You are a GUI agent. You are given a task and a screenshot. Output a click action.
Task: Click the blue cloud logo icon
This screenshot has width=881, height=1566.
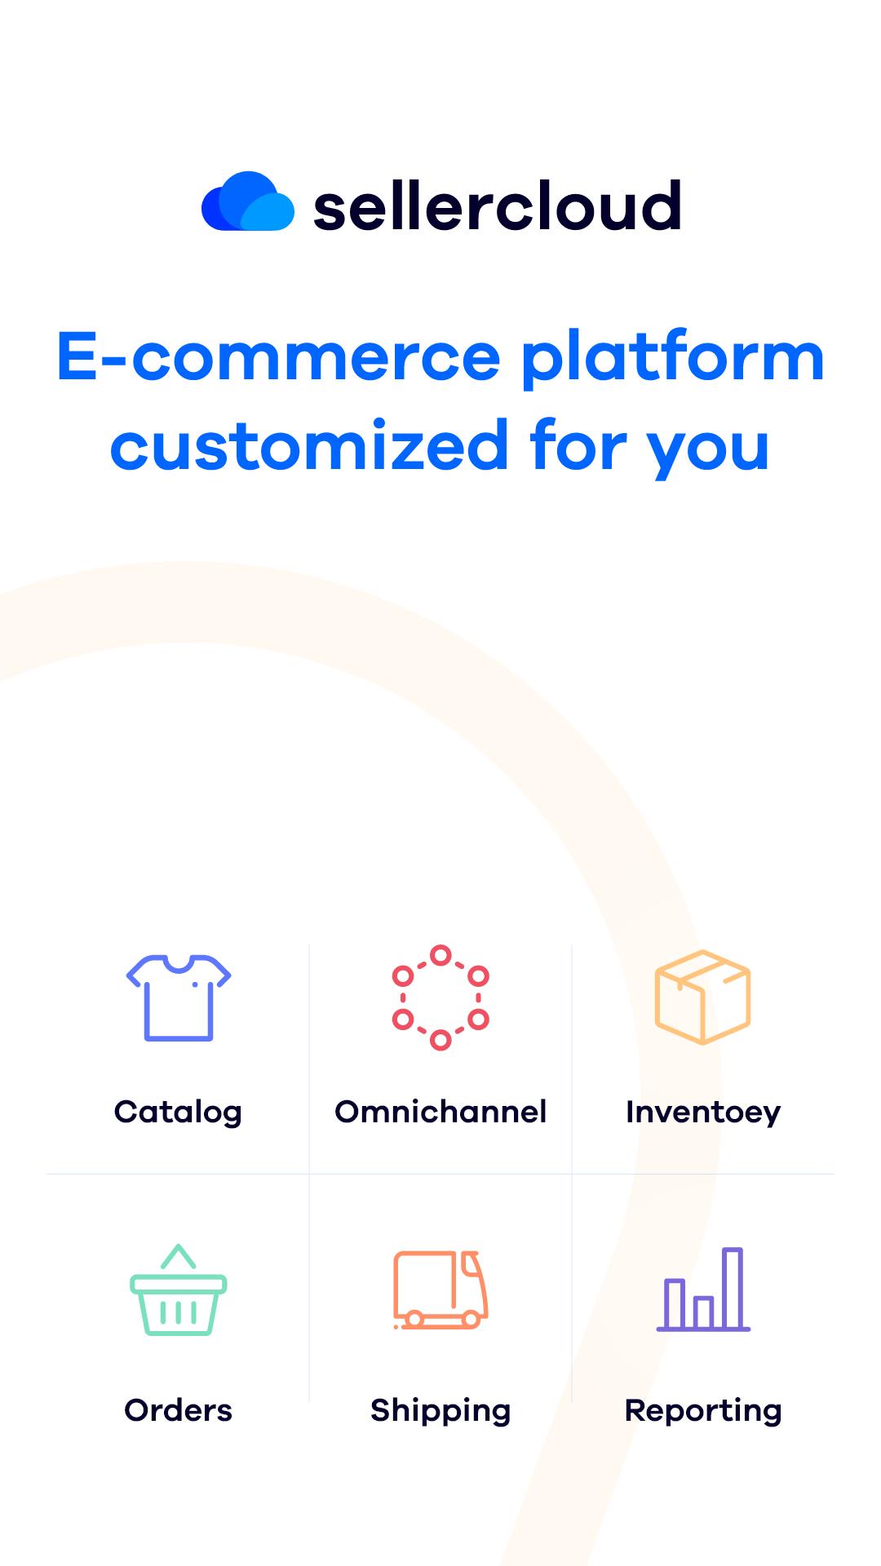pos(248,201)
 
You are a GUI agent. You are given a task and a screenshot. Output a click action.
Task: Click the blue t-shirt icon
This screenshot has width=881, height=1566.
pos(179,998)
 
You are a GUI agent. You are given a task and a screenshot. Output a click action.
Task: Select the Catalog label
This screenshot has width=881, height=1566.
pos(178,1113)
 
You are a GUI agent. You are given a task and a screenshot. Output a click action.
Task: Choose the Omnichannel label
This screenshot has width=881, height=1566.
pos(440,1112)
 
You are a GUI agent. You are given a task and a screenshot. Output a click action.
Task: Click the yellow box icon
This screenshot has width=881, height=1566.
pos(702,998)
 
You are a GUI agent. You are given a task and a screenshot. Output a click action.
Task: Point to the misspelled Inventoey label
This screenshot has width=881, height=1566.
pos(703,1113)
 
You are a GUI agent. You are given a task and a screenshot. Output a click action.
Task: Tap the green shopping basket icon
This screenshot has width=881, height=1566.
pos(179,1290)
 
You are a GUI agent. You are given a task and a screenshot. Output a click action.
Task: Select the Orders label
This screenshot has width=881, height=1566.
pos(178,1410)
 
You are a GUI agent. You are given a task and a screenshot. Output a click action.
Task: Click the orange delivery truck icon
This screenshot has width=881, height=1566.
pos(440,1290)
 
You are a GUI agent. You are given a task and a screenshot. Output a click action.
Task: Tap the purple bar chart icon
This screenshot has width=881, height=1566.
pos(703,1290)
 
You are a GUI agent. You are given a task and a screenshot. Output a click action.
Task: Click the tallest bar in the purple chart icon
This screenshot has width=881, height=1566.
pos(733,1288)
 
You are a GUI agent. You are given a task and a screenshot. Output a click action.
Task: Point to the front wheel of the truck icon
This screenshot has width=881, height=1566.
pos(471,1319)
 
